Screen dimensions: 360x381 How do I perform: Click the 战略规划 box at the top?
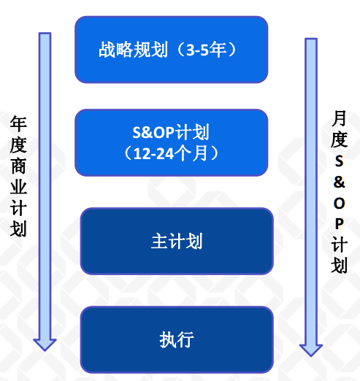(x=172, y=50)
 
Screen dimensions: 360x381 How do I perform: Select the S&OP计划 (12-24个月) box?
(x=172, y=142)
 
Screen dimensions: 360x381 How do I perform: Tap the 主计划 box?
(x=177, y=241)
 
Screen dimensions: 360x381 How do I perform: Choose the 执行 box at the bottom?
(x=177, y=339)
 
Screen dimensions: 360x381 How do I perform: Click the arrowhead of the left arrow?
(x=45, y=345)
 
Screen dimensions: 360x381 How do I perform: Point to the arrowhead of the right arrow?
(x=311, y=350)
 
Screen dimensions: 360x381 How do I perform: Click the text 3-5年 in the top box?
(x=206, y=50)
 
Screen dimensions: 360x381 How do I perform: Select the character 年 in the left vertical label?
(x=18, y=124)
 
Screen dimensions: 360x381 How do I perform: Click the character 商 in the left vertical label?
(x=18, y=166)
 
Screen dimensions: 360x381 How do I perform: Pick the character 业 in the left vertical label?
(x=18, y=188)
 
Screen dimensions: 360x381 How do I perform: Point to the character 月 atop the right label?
(x=339, y=118)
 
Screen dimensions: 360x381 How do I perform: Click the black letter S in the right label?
(x=339, y=161)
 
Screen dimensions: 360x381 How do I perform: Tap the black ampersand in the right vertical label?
(x=340, y=182)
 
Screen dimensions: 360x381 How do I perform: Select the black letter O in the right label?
(x=340, y=203)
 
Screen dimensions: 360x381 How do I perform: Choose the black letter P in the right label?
(x=340, y=223)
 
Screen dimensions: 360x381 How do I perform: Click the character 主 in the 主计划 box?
(x=159, y=241)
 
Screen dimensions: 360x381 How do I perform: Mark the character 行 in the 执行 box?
(x=185, y=339)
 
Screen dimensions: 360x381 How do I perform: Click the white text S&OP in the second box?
(x=153, y=132)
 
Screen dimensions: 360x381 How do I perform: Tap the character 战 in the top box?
(x=107, y=50)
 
